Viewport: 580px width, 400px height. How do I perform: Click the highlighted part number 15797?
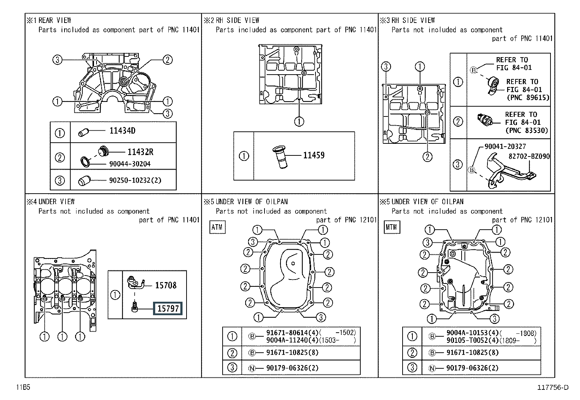[x=168, y=309]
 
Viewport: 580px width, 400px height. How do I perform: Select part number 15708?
[x=166, y=285]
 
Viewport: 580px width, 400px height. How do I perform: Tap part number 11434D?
[x=122, y=131]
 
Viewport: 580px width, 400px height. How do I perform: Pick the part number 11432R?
[x=140, y=152]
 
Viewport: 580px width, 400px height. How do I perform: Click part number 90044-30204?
[x=130, y=164]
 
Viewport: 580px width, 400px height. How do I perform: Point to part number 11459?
[x=314, y=155]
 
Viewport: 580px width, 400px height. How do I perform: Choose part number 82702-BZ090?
[x=529, y=157]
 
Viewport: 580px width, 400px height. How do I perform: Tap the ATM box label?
[x=217, y=227]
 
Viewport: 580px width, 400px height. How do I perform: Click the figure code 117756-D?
[x=553, y=387]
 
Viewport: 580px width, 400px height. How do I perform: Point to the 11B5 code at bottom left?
[x=23, y=387]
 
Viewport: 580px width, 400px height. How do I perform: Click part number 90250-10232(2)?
[x=135, y=180]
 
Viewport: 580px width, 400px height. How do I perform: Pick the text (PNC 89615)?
[x=528, y=98]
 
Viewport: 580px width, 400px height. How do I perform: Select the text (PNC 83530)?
[x=526, y=130]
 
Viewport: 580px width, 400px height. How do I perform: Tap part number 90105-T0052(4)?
[x=473, y=341]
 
